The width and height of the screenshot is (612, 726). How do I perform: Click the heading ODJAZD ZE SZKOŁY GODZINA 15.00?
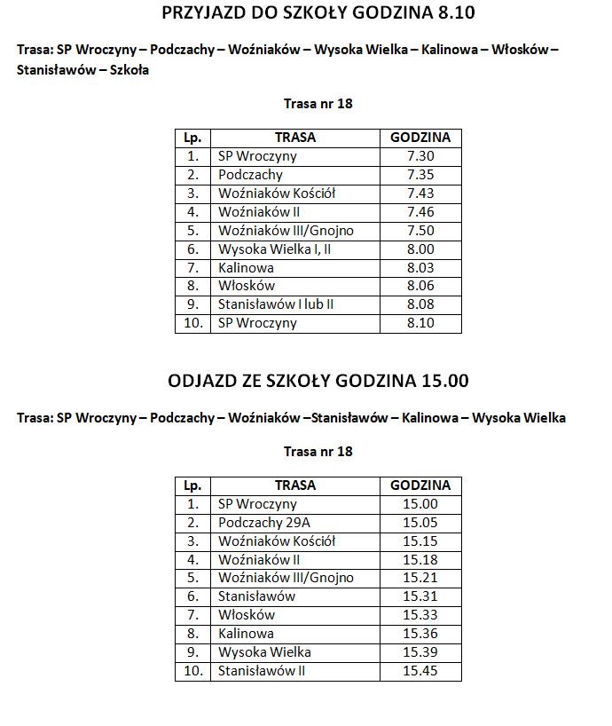[318, 381]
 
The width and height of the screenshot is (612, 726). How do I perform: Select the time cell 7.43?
[420, 193]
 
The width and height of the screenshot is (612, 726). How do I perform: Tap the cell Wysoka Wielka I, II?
[275, 249]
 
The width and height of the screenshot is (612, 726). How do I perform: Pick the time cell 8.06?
[420, 286]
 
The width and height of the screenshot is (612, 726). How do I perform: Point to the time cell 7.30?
[420, 156]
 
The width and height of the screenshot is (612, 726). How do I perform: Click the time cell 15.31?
[420, 596]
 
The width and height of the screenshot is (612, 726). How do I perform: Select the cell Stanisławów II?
[262, 671]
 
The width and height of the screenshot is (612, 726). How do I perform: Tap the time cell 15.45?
[420, 671]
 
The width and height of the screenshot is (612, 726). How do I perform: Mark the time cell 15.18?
[420, 560]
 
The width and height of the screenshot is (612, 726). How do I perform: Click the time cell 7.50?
[420, 231]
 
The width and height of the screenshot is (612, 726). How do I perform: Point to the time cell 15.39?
[420, 652]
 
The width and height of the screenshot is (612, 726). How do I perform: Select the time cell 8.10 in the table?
[420, 323]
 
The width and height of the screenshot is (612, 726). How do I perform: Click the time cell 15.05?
[420, 523]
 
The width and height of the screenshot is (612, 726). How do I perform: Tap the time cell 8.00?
[420, 249]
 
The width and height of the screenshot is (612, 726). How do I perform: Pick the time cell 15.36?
[420, 634]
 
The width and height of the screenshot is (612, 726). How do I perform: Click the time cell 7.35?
[420, 175]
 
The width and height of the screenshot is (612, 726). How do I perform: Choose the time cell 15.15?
[420, 541]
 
